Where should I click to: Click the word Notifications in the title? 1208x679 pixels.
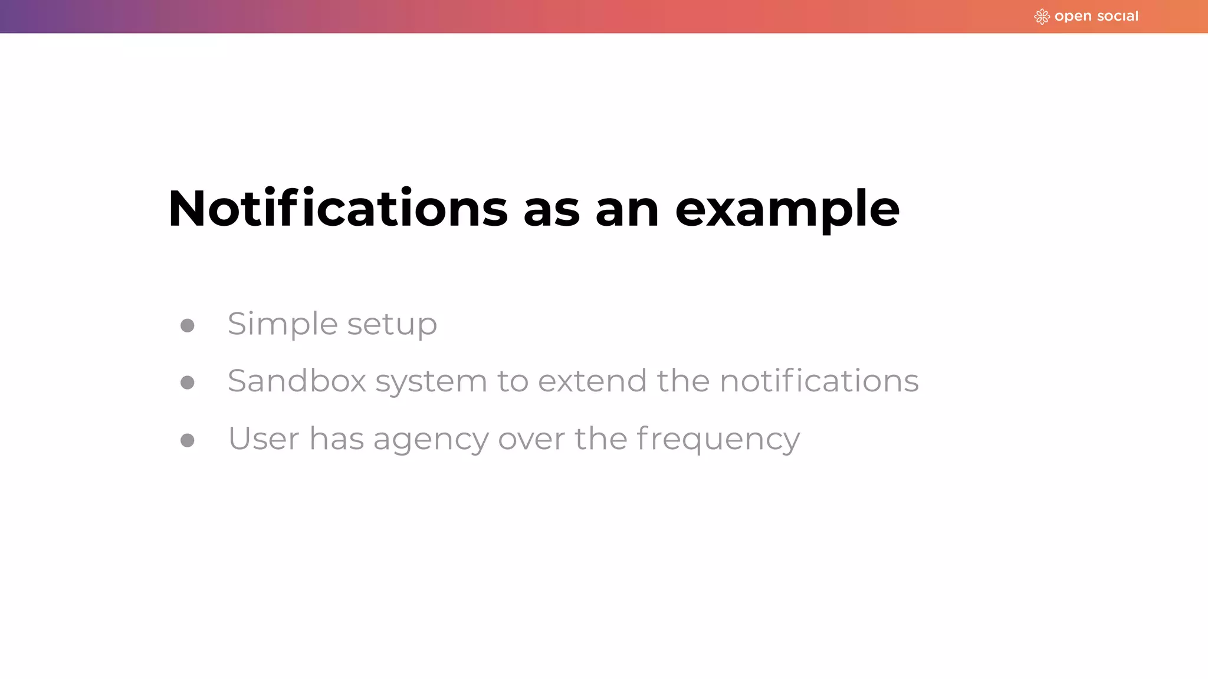tap(337, 209)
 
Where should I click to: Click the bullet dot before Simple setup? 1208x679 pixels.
tap(188, 325)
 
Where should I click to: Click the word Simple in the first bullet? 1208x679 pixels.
tap(283, 324)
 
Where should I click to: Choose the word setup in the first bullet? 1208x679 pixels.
tap(392, 324)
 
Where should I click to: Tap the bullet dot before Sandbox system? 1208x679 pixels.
tap(188, 383)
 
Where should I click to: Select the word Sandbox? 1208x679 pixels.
tap(297, 381)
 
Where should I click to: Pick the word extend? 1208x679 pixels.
tap(592, 381)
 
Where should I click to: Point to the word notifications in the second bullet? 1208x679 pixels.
tap(819, 381)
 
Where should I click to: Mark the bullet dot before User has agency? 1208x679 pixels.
tap(188, 440)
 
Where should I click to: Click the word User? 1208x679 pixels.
tap(264, 439)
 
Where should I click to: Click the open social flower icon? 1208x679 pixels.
tap(1042, 17)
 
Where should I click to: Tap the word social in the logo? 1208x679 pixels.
tap(1118, 17)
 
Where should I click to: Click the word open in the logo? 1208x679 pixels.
tap(1073, 17)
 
